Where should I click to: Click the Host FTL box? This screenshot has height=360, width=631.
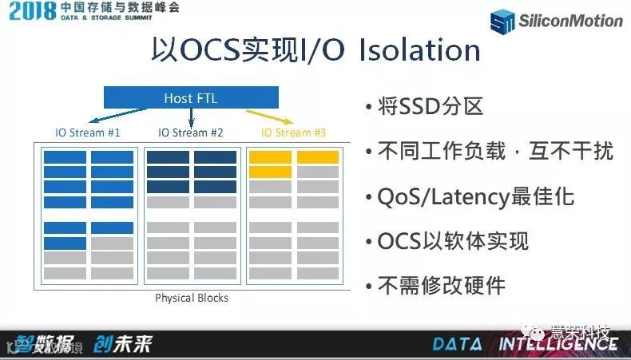pos(190,98)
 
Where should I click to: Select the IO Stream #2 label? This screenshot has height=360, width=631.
pos(190,133)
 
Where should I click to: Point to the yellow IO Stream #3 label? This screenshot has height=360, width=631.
pos(293,133)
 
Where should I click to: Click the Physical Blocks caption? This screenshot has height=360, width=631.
pos(191,298)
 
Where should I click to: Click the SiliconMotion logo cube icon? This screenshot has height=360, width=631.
pos(503,22)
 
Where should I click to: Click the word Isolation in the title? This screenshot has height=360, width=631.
pos(419,51)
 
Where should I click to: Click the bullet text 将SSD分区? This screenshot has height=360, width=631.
pos(430,106)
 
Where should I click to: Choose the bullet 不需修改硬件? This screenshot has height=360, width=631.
pos(441,285)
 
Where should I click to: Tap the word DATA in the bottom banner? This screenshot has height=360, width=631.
pos(457,344)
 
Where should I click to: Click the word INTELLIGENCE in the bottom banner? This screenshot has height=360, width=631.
pos(558,344)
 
